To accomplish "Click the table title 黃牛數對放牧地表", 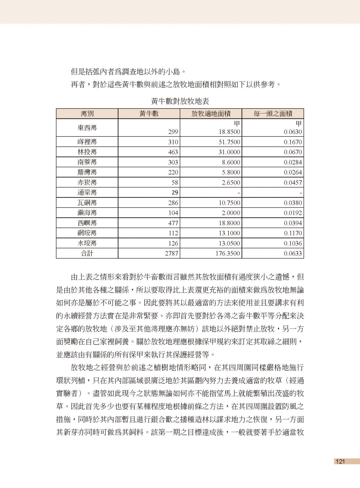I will point(180,101).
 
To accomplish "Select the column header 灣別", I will point(87,113).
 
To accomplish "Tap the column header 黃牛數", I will point(149,113).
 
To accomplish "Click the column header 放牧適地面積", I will point(211,113).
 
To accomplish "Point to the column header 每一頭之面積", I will point(273,113).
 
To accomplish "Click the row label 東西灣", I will point(87,128).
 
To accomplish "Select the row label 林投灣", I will point(87,152).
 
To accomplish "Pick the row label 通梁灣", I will point(87,193).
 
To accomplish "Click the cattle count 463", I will point(173,152).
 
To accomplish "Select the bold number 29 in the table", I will point(175,193).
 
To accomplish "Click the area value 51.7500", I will point(229,142).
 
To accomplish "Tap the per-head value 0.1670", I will point(293,142).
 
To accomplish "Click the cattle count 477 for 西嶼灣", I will point(173,223).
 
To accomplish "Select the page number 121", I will point(340,461).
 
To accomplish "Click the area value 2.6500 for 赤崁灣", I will point(231,183).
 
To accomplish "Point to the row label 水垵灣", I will point(87,243).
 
